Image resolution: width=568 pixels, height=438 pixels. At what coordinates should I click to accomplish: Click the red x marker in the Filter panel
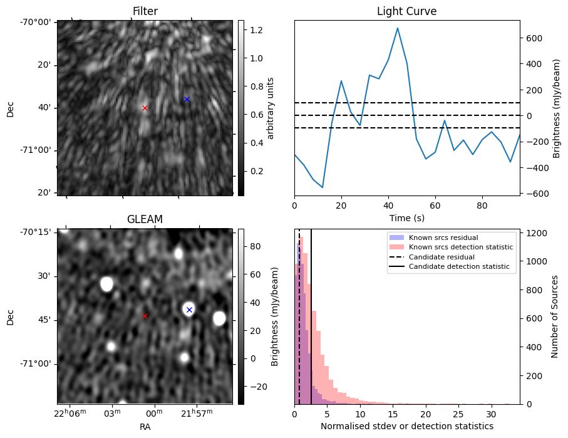(145, 108)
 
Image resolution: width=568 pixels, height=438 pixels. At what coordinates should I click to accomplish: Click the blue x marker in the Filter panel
(187, 99)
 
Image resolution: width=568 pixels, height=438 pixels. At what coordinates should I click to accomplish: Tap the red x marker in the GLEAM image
(145, 316)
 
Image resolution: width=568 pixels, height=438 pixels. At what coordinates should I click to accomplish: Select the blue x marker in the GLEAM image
(189, 310)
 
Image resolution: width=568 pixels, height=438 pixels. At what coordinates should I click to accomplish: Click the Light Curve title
(406, 11)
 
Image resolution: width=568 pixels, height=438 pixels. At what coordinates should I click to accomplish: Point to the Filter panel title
(145, 11)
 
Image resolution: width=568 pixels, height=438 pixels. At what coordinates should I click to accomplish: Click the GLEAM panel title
(145, 219)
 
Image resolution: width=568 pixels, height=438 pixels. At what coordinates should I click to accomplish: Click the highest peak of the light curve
(398, 28)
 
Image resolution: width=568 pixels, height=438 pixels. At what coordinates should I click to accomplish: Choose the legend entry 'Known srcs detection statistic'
(460, 247)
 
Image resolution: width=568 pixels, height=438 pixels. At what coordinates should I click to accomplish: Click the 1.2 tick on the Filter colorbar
(256, 30)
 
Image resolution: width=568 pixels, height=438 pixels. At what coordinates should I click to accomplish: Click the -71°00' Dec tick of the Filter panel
(39, 150)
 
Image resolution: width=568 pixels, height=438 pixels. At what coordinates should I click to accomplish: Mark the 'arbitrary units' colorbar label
(271, 108)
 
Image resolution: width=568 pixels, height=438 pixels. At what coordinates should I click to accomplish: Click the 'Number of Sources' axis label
(555, 316)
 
